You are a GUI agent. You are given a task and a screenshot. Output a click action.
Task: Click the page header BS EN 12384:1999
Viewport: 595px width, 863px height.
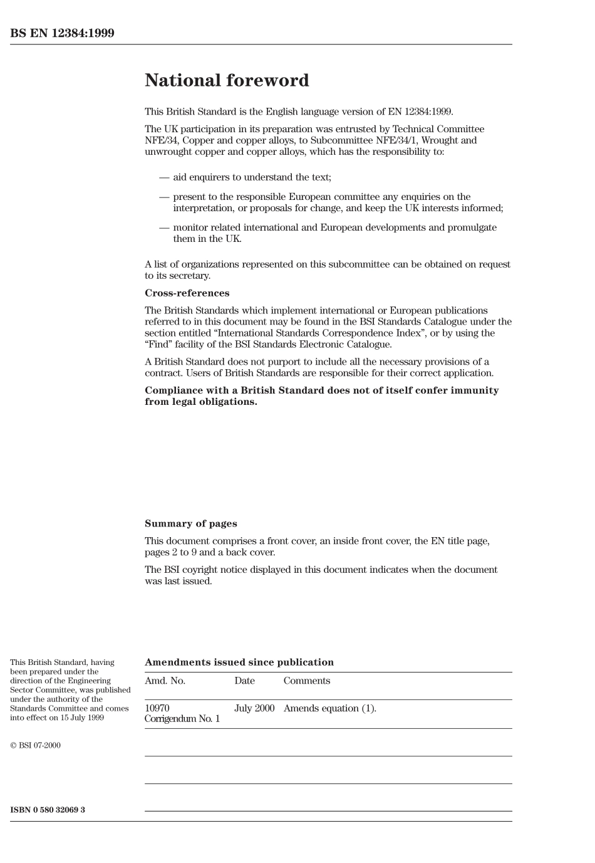(x=62, y=33)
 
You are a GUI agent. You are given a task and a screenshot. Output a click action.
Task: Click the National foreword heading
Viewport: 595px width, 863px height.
(x=227, y=80)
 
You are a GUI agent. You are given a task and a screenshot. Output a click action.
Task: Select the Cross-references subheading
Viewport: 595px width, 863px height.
(x=187, y=293)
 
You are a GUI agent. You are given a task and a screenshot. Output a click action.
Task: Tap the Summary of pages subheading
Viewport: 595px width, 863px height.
(x=190, y=524)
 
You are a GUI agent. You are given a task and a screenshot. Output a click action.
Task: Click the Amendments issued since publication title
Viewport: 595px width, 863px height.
(x=239, y=662)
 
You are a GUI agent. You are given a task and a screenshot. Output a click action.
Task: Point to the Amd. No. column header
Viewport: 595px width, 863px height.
(x=165, y=681)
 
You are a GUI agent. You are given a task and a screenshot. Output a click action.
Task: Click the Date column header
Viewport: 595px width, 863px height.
(x=244, y=681)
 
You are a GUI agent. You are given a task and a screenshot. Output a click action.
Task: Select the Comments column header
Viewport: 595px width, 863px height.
(x=306, y=681)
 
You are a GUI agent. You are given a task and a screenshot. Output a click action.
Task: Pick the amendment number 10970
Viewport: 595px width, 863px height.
(x=157, y=708)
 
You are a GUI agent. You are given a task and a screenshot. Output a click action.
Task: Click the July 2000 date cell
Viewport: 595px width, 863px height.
(x=254, y=708)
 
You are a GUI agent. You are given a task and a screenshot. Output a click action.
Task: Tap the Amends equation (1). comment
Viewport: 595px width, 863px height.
(x=329, y=708)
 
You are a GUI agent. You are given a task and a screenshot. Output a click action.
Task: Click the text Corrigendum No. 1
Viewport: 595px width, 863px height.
(x=182, y=719)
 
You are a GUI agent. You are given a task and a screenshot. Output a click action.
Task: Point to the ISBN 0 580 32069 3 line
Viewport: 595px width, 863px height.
(x=48, y=810)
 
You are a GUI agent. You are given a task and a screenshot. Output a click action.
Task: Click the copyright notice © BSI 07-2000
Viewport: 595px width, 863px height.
(x=35, y=746)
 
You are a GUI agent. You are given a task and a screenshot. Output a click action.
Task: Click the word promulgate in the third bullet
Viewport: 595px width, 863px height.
(x=472, y=228)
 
